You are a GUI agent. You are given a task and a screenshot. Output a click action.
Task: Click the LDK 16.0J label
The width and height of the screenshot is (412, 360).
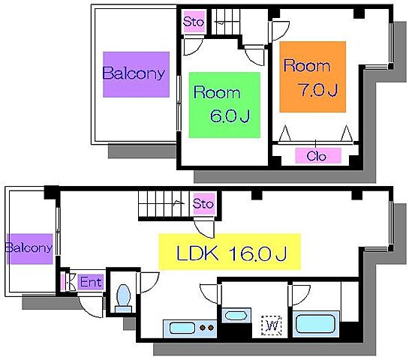[230, 252]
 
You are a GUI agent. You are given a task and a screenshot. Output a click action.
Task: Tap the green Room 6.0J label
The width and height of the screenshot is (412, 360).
[224, 105]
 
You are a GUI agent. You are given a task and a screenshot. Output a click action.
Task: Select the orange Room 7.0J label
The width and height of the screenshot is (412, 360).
[312, 76]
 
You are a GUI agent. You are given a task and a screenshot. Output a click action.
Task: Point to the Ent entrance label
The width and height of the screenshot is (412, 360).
[91, 282]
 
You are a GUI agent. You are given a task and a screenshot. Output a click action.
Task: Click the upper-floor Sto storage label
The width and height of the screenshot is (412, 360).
[194, 22]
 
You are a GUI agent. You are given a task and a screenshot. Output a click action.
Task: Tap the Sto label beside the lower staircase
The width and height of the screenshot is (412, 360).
[204, 204]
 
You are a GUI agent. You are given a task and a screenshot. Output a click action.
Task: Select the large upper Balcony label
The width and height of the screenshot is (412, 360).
[136, 74]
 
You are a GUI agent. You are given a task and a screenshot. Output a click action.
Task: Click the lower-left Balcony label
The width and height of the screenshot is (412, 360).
[30, 249]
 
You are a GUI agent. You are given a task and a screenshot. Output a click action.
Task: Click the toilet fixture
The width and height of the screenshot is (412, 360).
[124, 298]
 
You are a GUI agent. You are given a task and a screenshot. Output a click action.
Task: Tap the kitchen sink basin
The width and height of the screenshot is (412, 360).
[182, 328]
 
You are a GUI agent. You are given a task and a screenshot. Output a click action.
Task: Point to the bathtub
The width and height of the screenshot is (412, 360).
[316, 324]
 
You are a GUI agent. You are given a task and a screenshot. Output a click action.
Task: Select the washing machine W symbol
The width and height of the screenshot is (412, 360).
[272, 325]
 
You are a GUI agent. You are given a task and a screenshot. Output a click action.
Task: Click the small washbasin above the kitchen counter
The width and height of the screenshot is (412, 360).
[236, 315]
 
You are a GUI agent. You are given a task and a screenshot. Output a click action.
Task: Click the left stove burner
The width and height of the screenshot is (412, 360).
[203, 328]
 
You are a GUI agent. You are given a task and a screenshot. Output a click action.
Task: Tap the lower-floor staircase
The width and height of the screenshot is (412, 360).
[164, 204]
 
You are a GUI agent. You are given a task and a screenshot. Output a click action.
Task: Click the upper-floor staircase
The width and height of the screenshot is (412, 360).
[226, 22]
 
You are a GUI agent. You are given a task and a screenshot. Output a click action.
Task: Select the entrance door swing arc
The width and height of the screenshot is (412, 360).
[88, 310]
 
